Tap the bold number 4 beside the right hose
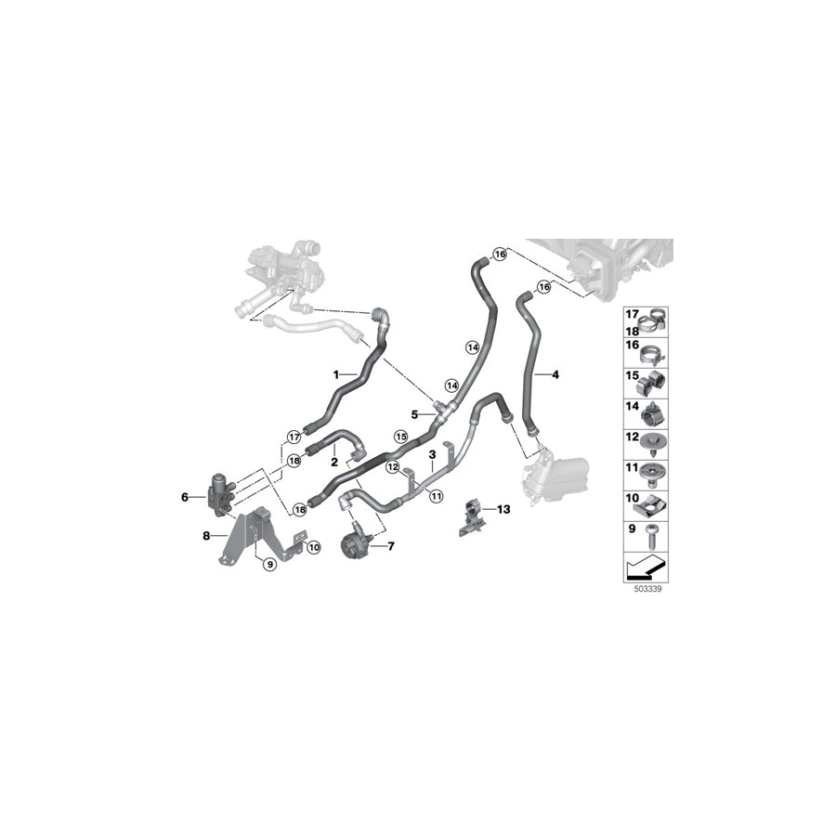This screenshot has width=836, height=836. pyautogui.click(x=581, y=375)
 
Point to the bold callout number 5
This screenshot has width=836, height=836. pyautogui.click(x=415, y=414)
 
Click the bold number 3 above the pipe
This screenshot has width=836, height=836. pyautogui.click(x=432, y=454)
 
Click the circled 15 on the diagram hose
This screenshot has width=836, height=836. pyautogui.click(x=401, y=436)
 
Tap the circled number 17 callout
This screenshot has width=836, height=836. pyautogui.click(x=294, y=436)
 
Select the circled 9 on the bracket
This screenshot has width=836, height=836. pyautogui.click(x=269, y=563)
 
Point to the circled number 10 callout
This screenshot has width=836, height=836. pyautogui.click(x=313, y=547)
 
